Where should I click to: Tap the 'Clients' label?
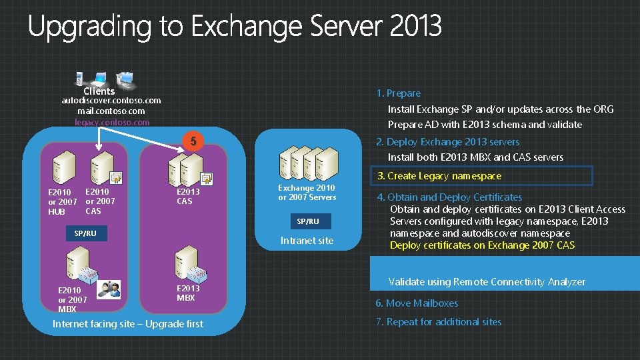click(x=99, y=91)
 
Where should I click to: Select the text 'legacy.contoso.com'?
click(x=111, y=122)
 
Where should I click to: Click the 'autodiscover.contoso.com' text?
click(x=111, y=101)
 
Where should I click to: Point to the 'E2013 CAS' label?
click(x=187, y=196)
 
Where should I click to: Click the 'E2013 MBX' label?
click(x=187, y=293)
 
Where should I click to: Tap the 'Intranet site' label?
click(x=307, y=241)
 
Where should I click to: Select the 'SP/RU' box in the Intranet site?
click(x=307, y=221)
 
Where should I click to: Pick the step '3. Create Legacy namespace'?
click(x=439, y=176)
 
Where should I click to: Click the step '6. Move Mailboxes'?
click(x=417, y=303)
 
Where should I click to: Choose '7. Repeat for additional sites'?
click(x=438, y=322)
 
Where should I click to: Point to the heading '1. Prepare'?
click(x=398, y=93)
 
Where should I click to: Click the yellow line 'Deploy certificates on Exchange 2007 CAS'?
click(x=482, y=245)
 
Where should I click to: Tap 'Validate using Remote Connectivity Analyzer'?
click(x=487, y=282)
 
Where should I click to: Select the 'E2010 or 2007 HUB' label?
click(x=62, y=202)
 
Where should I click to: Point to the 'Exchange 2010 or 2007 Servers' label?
click(x=307, y=193)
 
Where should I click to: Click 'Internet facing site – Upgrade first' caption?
click(x=128, y=324)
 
